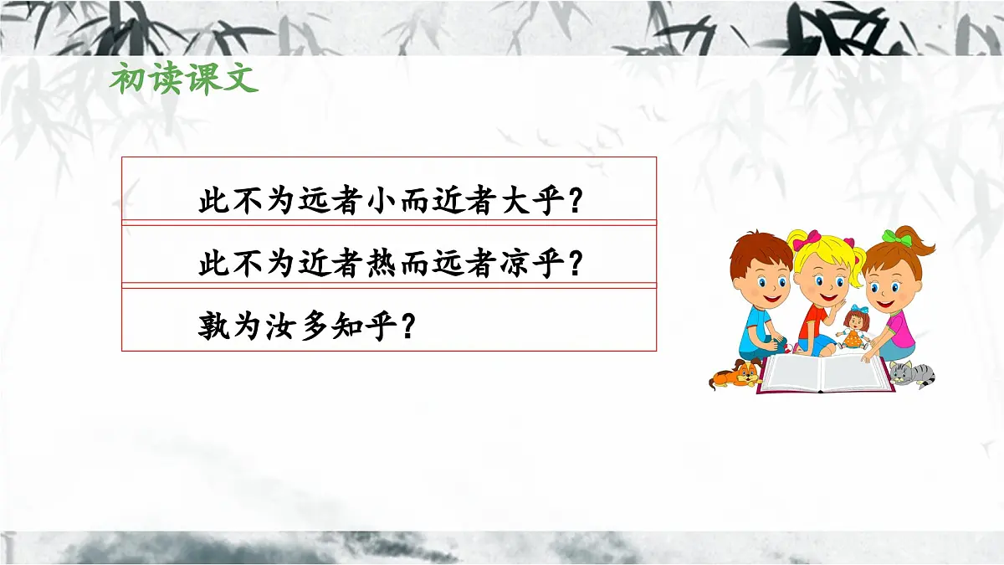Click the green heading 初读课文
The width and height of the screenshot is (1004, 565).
point(183,80)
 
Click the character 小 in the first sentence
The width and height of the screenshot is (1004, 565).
point(383,203)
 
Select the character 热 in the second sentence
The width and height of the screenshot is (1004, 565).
point(383,265)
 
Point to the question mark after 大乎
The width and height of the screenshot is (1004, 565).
point(576,203)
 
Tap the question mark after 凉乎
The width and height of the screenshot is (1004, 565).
point(576,265)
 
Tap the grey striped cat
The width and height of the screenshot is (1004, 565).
point(909,373)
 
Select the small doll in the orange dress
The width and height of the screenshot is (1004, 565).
point(855,328)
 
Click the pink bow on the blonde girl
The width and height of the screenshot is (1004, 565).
point(807,243)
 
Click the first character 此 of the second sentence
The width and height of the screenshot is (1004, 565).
point(213,265)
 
